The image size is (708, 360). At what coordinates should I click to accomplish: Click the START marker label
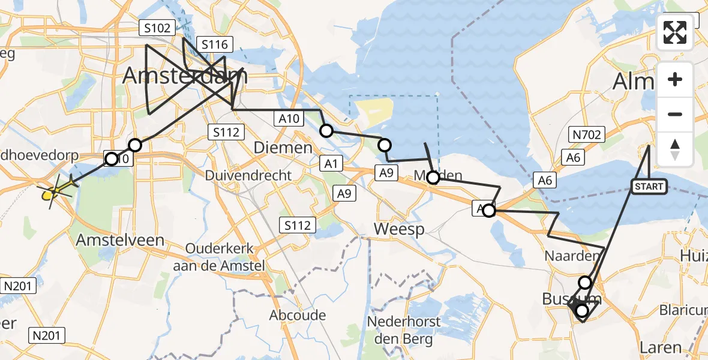pyautogui.click(x=649, y=187)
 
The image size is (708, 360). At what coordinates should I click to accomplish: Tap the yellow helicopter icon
pyautogui.click(x=55, y=191)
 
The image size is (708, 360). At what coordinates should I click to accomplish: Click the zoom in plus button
pyautogui.click(x=675, y=79)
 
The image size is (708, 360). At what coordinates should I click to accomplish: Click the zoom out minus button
pyautogui.click(x=675, y=114)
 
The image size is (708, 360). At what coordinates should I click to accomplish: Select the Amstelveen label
pyautogui.click(x=120, y=240)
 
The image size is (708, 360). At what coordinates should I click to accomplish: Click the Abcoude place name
pyautogui.click(x=298, y=315)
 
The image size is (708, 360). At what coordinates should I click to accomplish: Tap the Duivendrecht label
pyautogui.click(x=248, y=176)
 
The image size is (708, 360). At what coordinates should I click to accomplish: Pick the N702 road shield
pyautogui.click(x=586, y=135)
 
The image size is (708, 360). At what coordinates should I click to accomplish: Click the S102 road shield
pyautogui.click(x=158, y=28)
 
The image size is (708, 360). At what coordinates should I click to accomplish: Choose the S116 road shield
pyautogui.click(x=214, y=44)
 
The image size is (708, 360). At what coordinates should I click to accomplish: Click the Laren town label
pyautogui.click(x=661, y=347)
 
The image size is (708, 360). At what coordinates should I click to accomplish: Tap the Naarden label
pyautogui.click(x=572, y=256)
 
